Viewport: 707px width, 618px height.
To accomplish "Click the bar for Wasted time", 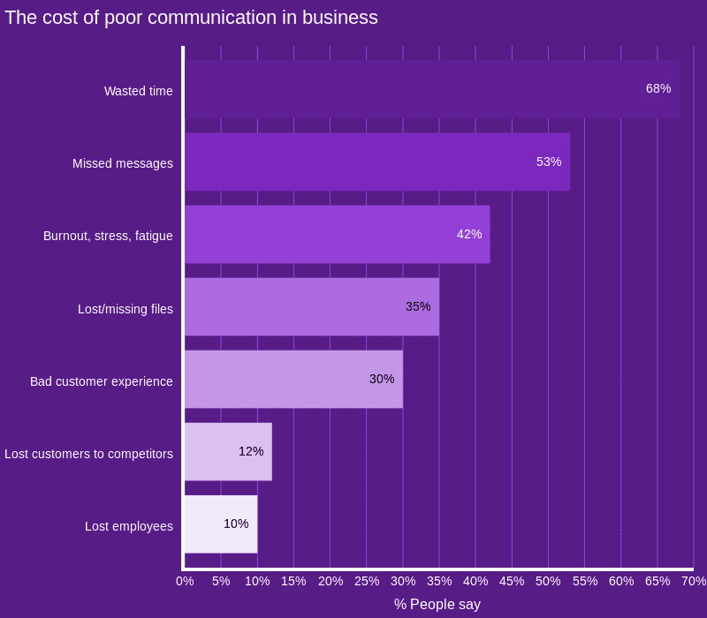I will (x=431, y=89).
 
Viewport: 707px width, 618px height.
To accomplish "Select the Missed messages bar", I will (x=376, y=162).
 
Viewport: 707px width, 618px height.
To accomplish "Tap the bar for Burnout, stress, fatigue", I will (x=337, y=234).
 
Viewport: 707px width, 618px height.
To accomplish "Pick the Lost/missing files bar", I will (x=311, y=306).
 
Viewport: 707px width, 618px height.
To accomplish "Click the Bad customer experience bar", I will (x=293, y=379).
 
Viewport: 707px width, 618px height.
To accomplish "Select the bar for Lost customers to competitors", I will (x=228, y=451).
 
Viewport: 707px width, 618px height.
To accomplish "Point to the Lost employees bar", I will (x=220, y=524).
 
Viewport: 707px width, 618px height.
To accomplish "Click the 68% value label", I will (x=658, y=88).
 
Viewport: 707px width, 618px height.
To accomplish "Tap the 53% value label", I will (x=549, y=162).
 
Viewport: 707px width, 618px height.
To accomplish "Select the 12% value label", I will (x=251, y=451).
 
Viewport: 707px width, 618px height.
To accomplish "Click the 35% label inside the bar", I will (x=418, y=306).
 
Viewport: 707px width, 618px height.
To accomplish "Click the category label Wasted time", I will (x=138, y=91).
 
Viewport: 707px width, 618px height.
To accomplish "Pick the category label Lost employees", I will (x=128, y=526).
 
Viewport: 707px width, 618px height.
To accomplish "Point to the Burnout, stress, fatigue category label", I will (x=108, y=236).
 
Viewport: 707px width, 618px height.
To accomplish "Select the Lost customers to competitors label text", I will (x=88, y=454).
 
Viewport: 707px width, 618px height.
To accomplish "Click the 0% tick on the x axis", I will (x=185, y=581).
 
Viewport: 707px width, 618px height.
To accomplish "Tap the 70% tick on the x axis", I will (x=693, y=581).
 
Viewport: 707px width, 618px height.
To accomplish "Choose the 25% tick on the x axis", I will (x=367, y=581).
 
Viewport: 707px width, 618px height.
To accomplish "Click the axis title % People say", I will (x=437, y=604).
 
